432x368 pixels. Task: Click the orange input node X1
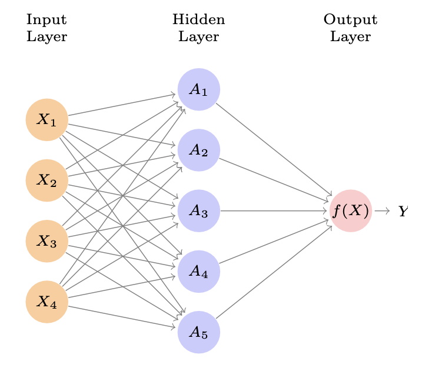point(47,120)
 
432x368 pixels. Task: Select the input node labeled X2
point(47,180)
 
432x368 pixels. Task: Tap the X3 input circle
point(47,240)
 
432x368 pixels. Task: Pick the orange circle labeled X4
point(47,302)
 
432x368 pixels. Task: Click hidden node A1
point(199,89)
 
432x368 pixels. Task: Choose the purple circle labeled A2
point(199,150)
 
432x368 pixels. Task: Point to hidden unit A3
point(199,210)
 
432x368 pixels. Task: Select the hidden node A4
point(199,271)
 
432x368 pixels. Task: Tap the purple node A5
point(199,332)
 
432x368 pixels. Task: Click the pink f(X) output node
point(351,210)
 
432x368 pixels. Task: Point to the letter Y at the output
point(403,211)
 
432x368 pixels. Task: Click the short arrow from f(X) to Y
point(382,210)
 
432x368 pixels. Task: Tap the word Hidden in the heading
point(199,21)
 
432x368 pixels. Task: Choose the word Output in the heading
point(351,21)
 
